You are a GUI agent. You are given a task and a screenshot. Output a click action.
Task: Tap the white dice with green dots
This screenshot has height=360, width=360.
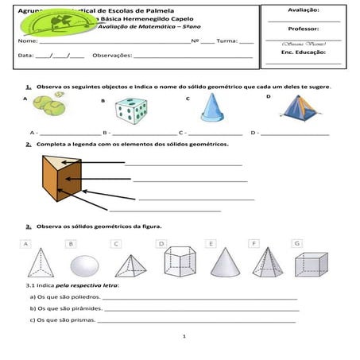[130, 110]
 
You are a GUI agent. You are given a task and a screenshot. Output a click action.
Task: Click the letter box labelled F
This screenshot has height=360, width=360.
[253, 242]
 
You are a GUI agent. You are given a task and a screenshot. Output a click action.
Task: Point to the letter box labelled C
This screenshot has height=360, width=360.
[116, 242]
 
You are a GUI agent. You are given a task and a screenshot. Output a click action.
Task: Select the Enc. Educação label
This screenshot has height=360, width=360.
[304, 52]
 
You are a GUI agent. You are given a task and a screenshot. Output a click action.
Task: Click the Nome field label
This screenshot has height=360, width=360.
[27, 40]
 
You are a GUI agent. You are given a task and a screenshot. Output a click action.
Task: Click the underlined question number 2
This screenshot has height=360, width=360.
[28, 144]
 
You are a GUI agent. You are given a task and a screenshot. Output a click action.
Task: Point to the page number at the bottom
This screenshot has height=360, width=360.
[183, 337]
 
